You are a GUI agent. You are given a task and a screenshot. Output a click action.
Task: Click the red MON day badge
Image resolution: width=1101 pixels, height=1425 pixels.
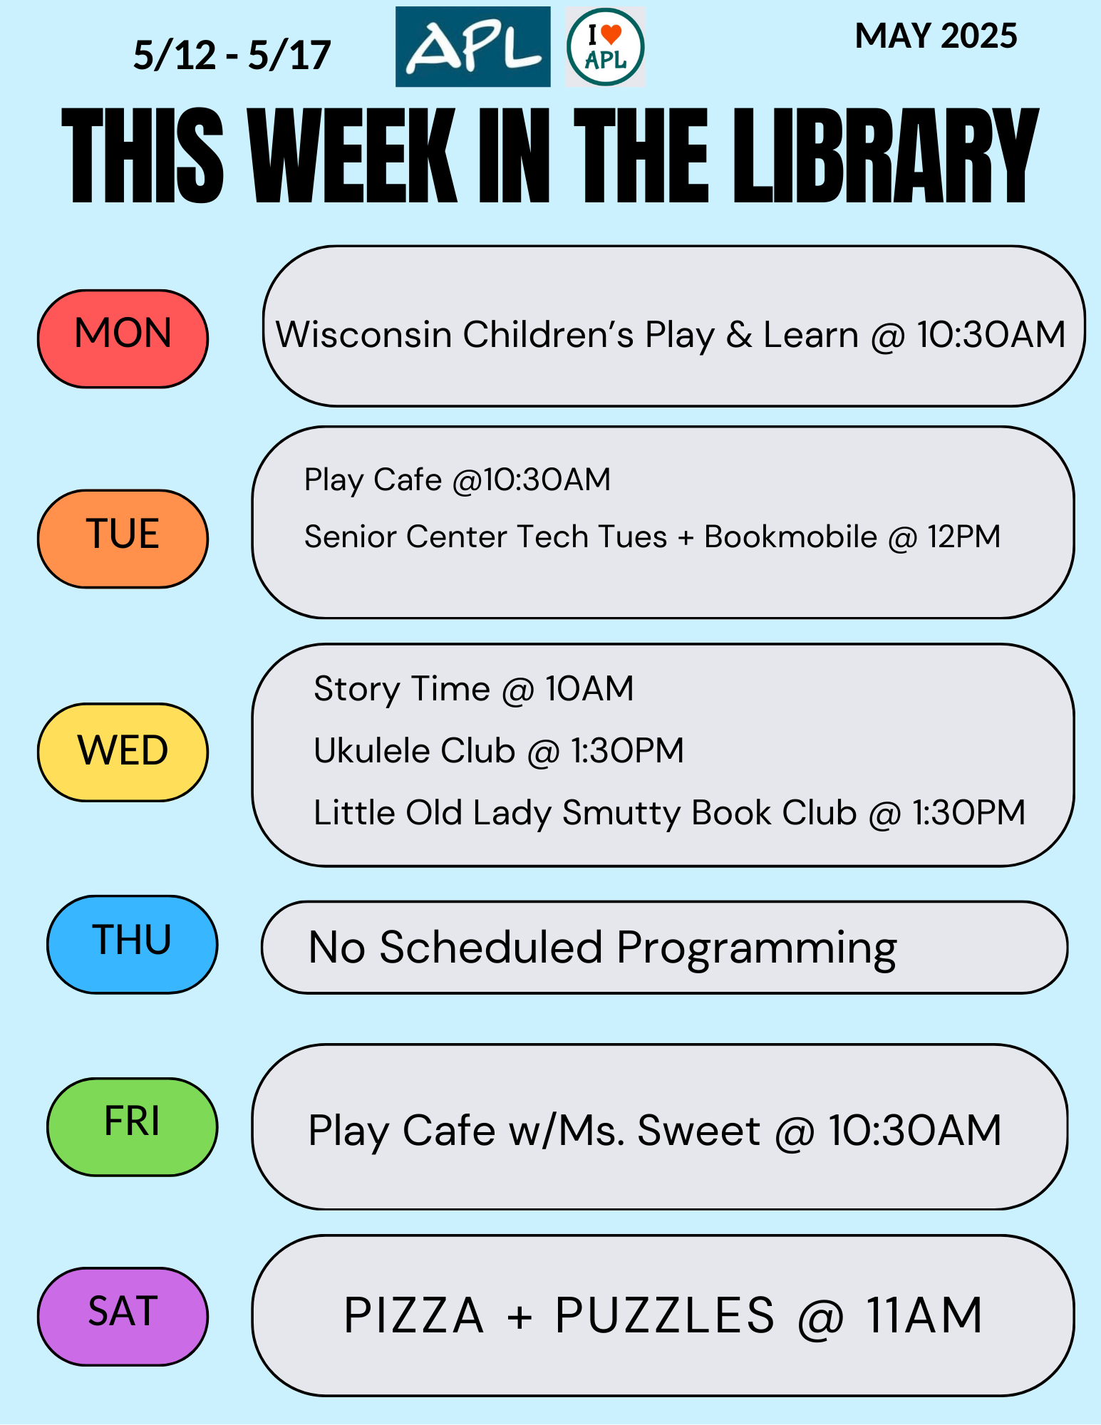point(123,338)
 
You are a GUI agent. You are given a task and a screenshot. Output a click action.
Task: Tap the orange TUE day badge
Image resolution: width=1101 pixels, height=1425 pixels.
point(123,539)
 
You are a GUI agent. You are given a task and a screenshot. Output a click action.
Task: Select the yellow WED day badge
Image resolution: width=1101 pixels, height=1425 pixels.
point(123,752)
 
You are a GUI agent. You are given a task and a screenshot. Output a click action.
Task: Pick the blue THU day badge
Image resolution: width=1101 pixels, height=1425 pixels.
point(132,944)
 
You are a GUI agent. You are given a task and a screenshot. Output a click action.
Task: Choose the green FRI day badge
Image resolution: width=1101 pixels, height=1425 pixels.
point(132,1126)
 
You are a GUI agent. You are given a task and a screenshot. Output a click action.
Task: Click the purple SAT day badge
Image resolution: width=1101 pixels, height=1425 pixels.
point(123,1316)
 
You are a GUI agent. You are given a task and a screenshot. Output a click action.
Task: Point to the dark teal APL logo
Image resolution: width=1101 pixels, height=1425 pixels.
point(472,47)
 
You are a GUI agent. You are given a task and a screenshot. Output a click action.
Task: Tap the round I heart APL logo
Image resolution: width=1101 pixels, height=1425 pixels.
point(605,47)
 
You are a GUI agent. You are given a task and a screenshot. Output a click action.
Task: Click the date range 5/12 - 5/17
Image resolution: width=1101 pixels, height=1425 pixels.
point(232,56)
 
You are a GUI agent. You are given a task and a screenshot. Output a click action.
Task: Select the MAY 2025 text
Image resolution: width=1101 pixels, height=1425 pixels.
point(936,36)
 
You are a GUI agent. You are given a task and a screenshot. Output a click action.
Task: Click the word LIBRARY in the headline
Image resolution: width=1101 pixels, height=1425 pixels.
point(886,156)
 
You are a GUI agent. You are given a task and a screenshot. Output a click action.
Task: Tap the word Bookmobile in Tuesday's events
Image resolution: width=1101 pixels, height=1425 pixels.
point(790,537)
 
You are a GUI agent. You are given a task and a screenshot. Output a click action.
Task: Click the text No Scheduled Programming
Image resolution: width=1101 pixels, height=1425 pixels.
point(602,949)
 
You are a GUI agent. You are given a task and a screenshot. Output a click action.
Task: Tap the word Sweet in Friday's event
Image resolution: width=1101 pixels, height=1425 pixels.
point(698,1131)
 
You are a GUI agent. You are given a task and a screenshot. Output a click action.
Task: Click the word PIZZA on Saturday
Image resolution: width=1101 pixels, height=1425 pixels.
point(414,1315)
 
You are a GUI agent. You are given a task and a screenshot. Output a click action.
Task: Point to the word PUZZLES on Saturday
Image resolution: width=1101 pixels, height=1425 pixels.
point(664,1315)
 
